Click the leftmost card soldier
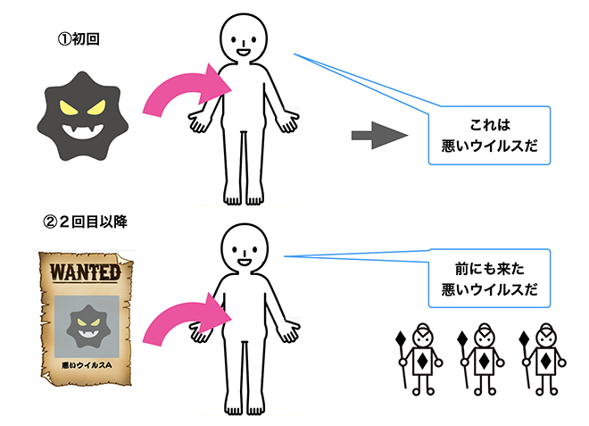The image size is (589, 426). click(x=423, y=359)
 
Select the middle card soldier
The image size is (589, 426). click(x=483, y=359)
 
